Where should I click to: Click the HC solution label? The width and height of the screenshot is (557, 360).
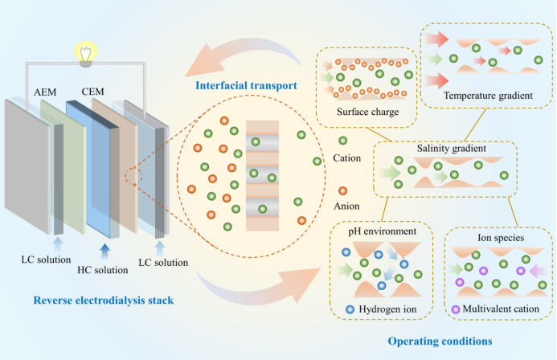[x=102, y=268]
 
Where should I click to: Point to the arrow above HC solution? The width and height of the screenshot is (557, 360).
[x=104, y=244]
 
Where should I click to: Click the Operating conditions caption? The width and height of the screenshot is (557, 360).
[x=440, y=342]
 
